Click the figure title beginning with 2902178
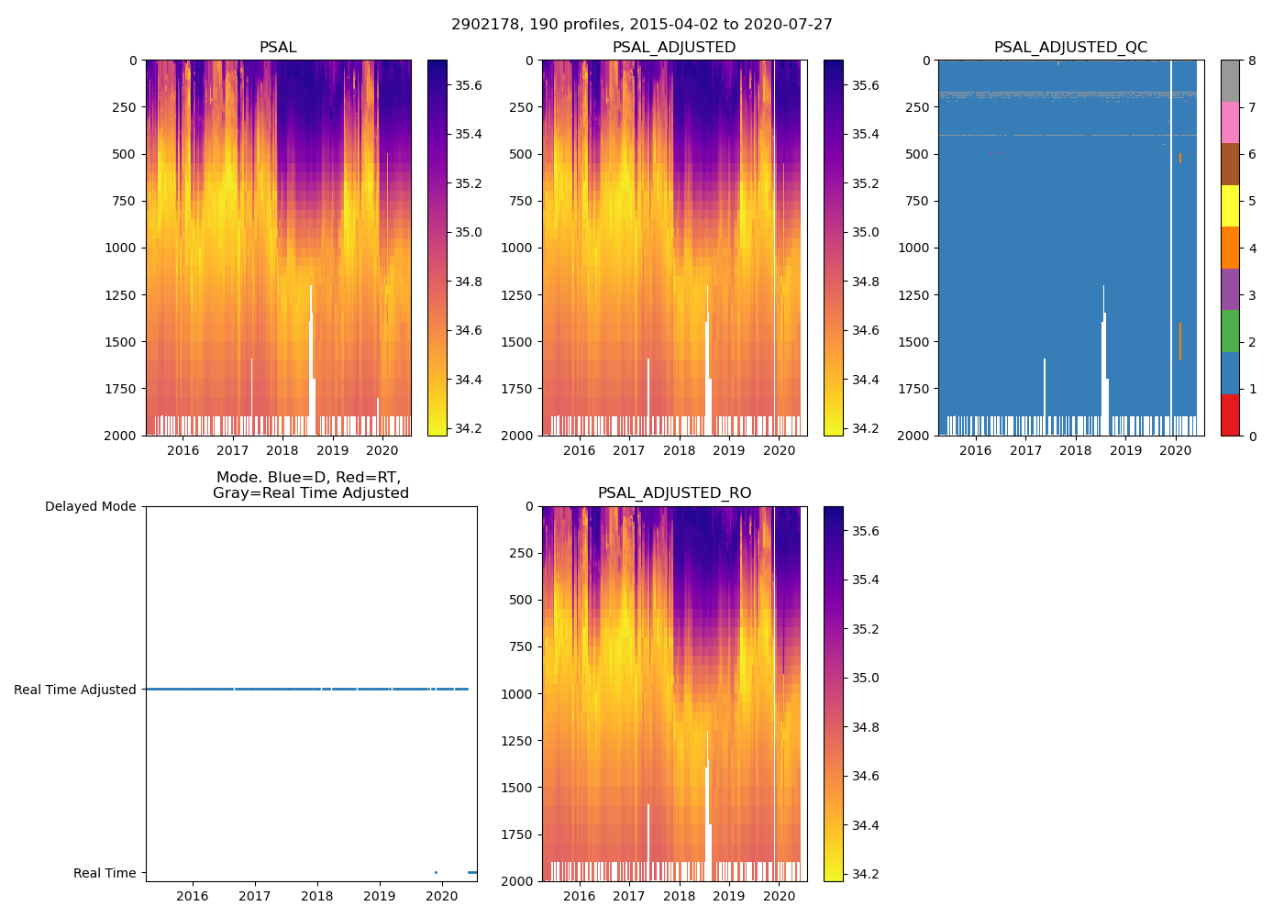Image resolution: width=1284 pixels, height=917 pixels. tap(641, 25)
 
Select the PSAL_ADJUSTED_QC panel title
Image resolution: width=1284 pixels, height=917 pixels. tap(1070, 48)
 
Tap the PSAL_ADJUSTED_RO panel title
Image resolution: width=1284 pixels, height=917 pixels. tap(674, 493)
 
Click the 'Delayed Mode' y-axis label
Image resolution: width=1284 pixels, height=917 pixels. tap(90, 506)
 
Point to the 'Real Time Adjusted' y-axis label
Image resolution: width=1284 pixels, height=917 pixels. tap(75, 690)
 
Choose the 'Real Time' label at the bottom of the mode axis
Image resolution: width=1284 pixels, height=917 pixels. tap(105, 873)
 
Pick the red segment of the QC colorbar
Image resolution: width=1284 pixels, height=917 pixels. tap(1230, 414)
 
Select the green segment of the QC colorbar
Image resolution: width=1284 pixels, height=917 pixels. tap(1230, 331)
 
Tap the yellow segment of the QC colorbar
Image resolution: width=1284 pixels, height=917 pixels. tap(1230, 206)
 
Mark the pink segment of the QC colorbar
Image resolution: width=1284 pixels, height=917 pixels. tap(1230, 123)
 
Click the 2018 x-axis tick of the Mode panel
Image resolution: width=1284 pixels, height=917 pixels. tap(317, 896)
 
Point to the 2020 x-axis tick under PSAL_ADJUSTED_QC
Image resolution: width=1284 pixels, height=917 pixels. tap(1176, 450)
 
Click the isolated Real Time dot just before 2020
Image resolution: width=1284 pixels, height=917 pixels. tap(436, 872)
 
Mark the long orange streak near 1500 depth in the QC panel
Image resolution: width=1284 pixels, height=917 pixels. tap(1179, 341)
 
